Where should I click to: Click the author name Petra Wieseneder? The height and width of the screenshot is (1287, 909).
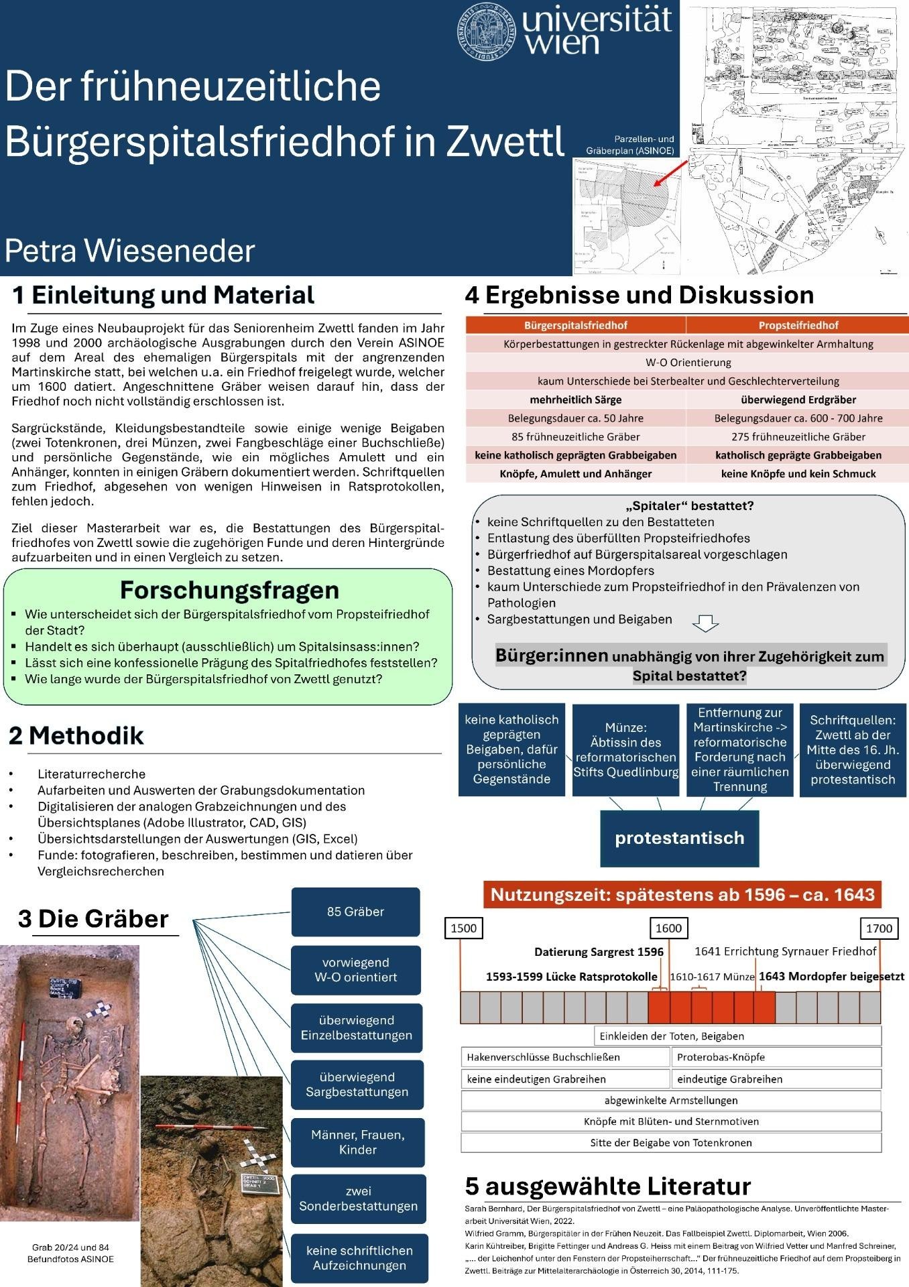(x=130, y=251)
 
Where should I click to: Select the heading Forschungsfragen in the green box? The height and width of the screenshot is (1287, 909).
(x=229, y=590)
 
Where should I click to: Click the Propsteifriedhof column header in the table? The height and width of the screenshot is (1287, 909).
(x=798, y=325)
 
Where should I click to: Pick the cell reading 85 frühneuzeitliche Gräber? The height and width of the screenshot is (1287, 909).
(x=575, y=436)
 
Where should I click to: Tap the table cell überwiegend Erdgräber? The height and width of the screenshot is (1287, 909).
(x=798, y=400)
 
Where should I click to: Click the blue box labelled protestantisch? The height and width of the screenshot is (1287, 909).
(x=679, y=837)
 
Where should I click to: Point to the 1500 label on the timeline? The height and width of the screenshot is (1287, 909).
(x=463, y=928)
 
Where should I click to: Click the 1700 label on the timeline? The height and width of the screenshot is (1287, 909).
(x=878, y=928)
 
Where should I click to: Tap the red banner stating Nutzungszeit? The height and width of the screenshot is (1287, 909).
(x=682, y=894)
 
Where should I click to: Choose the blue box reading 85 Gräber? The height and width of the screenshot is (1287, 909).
(x=355, y=912)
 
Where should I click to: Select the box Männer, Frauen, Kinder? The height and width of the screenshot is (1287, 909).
(x=358, y=1142)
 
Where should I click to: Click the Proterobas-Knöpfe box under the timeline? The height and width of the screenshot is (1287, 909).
(x=776, y=1057)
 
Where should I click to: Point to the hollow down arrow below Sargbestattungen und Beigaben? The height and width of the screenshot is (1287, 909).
(x=705, y=623)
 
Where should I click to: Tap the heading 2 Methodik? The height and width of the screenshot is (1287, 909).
(x=76, y=736)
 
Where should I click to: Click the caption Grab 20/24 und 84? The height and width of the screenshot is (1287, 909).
(x=70, y=1247)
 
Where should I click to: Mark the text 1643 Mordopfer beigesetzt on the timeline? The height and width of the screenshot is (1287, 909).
(x=831, y=977)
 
